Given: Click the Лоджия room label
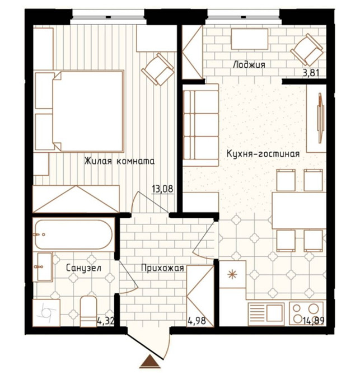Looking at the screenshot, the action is coord(249,64).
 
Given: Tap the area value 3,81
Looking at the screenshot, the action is coord(311,73).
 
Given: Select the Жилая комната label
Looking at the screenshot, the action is coord(119,161).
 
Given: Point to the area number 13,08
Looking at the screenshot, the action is coord(162,189).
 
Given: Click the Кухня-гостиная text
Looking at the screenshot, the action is coord(263,153).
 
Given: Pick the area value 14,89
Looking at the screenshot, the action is coord(314,321).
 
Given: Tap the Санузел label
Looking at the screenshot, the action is coord(83,268).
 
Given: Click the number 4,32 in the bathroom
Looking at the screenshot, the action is coord(105,321).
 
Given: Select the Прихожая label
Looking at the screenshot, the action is coord(162,268).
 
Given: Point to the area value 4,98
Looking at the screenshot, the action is coord(197,321).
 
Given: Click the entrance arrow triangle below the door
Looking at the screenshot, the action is coord(149,362).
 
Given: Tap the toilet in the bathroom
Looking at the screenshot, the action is coord(88,311).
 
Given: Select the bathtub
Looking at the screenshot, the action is coord(74,235).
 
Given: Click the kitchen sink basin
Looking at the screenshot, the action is coord(274,313).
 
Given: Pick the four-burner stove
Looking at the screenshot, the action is coord(307,314).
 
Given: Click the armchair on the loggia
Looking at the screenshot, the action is coord(307,50).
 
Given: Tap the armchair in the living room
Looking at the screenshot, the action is coord(158,69).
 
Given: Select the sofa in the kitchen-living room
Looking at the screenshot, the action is coord(200,125).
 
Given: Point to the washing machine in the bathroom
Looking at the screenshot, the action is coord(46,313).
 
